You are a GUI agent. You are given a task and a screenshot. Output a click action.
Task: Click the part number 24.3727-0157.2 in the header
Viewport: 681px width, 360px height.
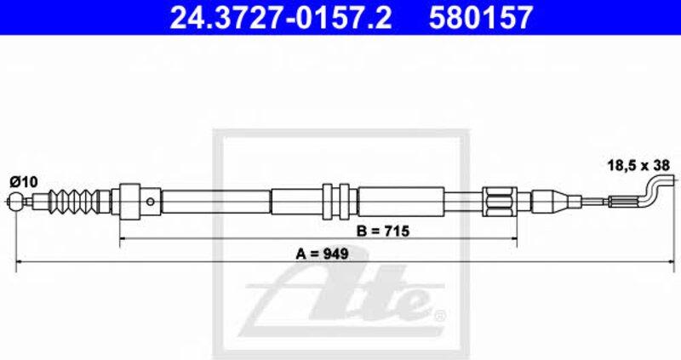pyautogui.click(x=281, y=17)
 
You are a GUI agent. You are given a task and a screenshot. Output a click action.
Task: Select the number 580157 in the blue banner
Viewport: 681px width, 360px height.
pyautogui.click(x=481, y=17)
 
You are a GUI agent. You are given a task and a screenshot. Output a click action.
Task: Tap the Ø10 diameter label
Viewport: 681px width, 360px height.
pyautogui.click(x=24, y=181)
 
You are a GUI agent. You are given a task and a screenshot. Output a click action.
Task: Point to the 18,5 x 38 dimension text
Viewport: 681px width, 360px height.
pyautogui.click(x=638, y=165)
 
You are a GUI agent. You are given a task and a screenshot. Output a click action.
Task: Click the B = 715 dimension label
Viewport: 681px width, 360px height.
pyautogui.click(x=382, y=231)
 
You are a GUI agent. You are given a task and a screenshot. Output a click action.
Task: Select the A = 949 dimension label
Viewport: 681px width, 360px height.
pyautogui.click(x=322, y=254)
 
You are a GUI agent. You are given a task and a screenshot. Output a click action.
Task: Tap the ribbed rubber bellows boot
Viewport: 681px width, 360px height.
pyautogui.click(x=73, y=201)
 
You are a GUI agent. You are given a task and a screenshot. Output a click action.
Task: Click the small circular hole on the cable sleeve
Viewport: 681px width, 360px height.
pyautogui.click(x=151, y=202)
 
